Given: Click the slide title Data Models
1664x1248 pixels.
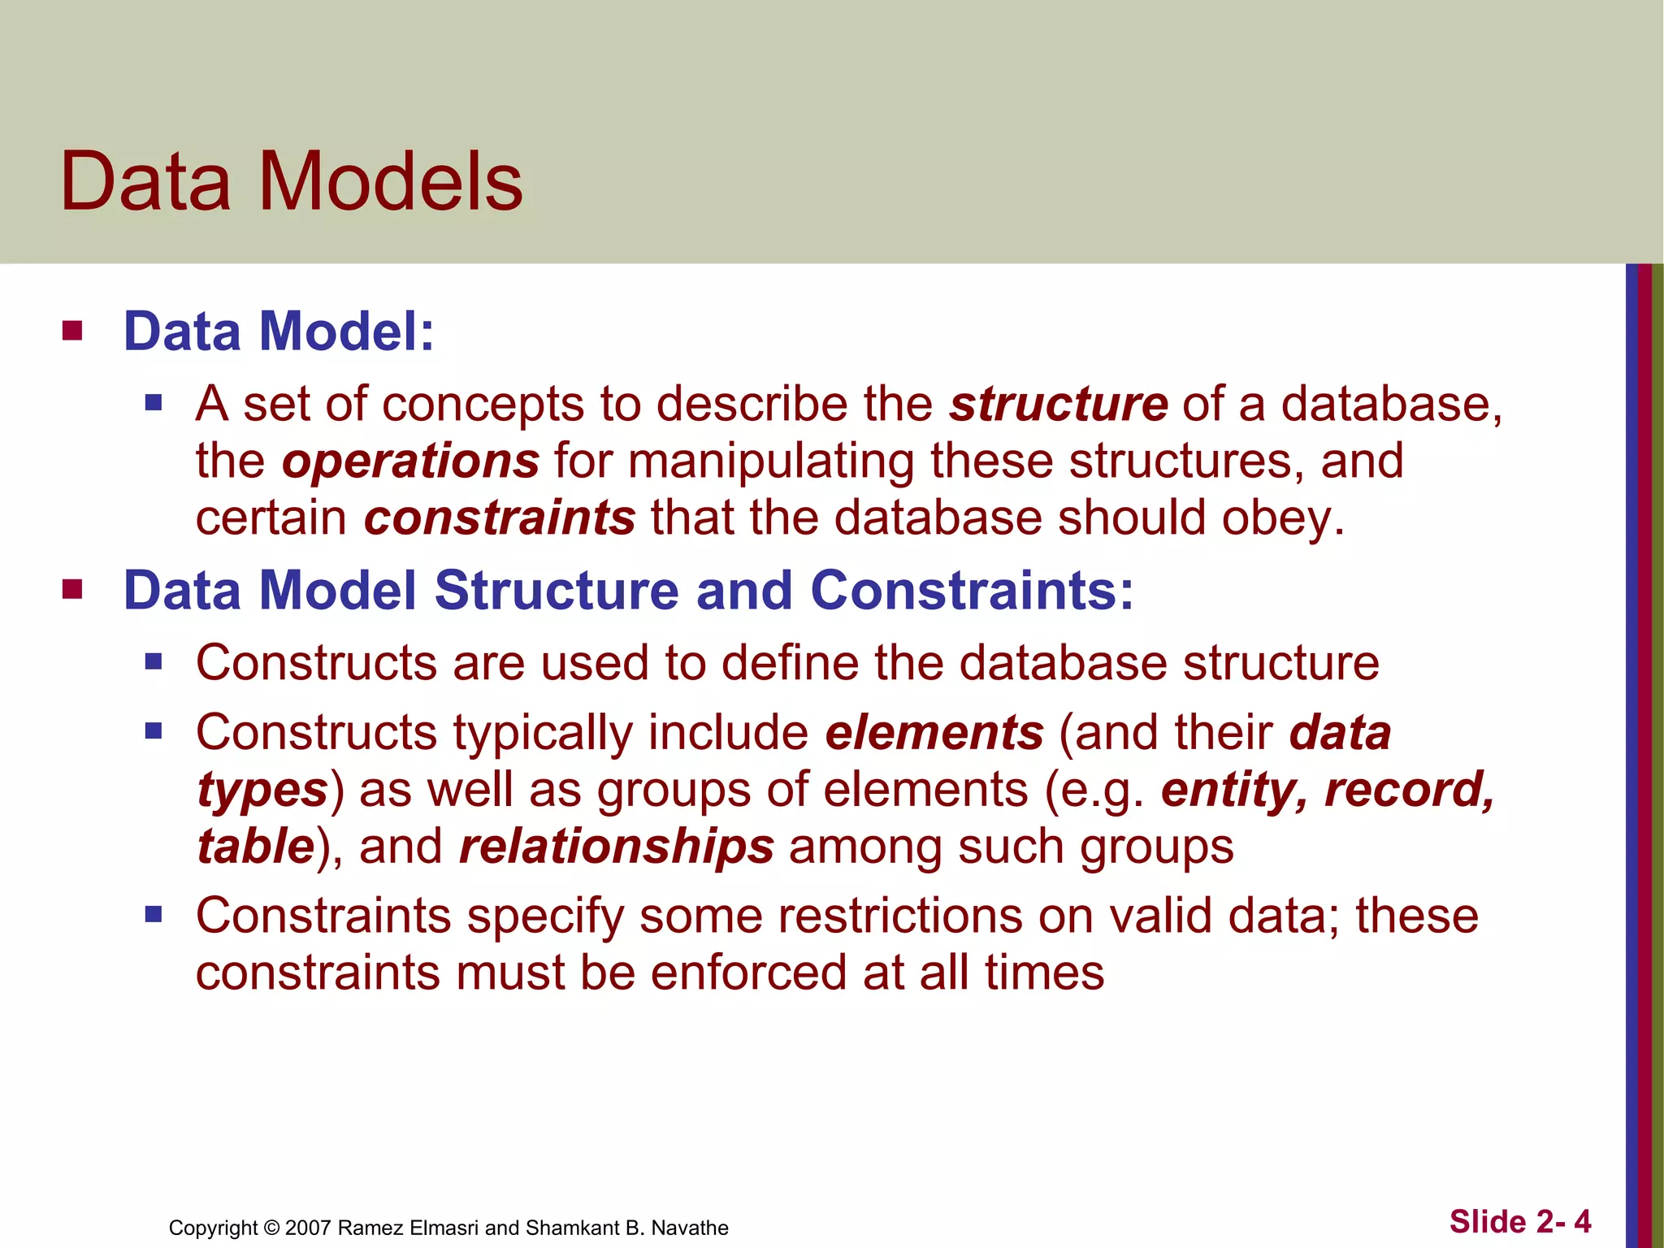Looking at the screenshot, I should coord(291,182).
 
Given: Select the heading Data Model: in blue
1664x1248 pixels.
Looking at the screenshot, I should coord(279,331).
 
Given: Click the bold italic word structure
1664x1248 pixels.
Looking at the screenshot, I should coord(1059,404).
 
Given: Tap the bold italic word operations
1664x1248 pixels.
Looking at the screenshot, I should coord(410,461).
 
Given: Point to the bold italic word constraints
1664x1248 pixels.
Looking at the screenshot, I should coord(499,518).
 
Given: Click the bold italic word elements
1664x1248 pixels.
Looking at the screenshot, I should coord(934,733).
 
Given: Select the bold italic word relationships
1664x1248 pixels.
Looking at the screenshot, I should coord(616,847).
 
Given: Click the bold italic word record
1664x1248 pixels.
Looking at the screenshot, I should coord(1409,790).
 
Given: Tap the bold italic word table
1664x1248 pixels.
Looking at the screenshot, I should coord(256,847).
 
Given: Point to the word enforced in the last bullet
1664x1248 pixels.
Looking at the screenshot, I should coord(748,973).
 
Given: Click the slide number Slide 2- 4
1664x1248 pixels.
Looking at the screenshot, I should coord(1519,1221).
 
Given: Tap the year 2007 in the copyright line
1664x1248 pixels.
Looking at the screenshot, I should coord(308,1228).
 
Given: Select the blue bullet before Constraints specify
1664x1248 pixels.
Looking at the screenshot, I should coord(154,916).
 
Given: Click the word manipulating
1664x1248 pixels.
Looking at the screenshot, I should coord(771,461).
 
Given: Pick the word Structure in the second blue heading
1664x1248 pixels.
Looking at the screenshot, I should coord(557,590).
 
